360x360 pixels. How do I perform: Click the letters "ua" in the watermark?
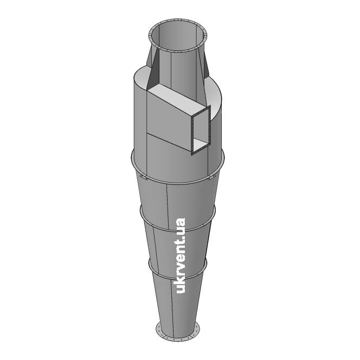pos(181,226)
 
